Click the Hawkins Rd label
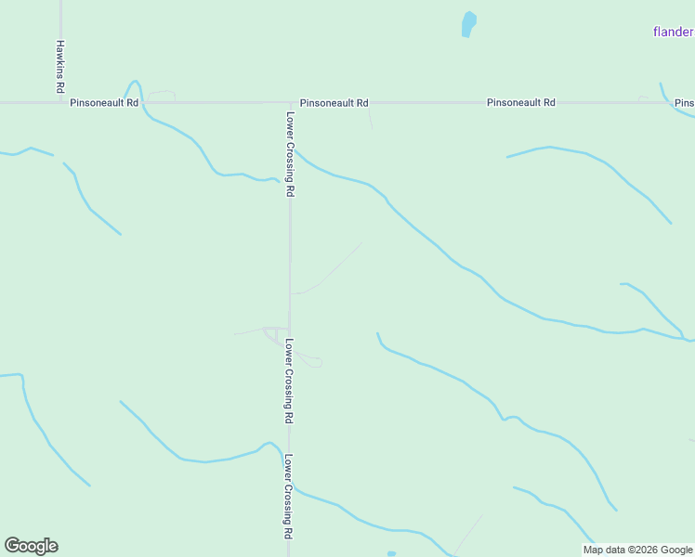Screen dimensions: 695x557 [59, 65]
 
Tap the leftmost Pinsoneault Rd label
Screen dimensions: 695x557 [104, 103]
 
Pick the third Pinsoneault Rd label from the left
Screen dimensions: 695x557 [521, 103]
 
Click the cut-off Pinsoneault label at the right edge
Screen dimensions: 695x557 [685, 103]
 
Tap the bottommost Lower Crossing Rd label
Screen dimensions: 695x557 [290, 498]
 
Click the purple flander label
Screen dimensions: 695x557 [673, 32]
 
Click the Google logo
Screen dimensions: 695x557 [31, 546]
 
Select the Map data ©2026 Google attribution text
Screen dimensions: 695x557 [637, 550]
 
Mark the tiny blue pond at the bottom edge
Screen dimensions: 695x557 [391, 554]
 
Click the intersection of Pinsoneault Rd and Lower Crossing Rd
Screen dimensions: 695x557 [290, 102]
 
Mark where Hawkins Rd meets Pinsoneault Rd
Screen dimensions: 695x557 [61, 102]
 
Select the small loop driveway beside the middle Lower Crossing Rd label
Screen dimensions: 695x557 [314, 361]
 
